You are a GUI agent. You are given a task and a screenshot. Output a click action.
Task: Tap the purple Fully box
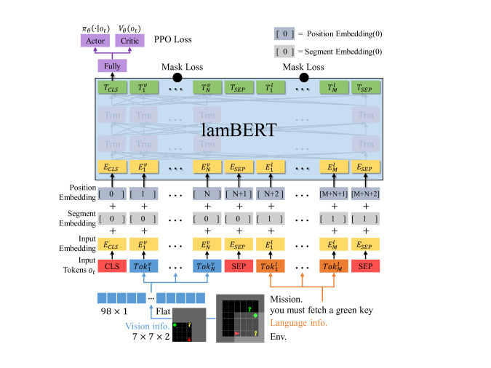[x=112, y=66]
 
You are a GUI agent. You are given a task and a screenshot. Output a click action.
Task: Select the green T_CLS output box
[x=112, y=87]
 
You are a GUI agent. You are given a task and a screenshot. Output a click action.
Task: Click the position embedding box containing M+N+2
[x=368, y=196]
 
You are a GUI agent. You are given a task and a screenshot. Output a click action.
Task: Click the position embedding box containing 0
[x=112, y=196]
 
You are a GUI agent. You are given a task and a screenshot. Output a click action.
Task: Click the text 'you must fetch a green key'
[x=321, y=310]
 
